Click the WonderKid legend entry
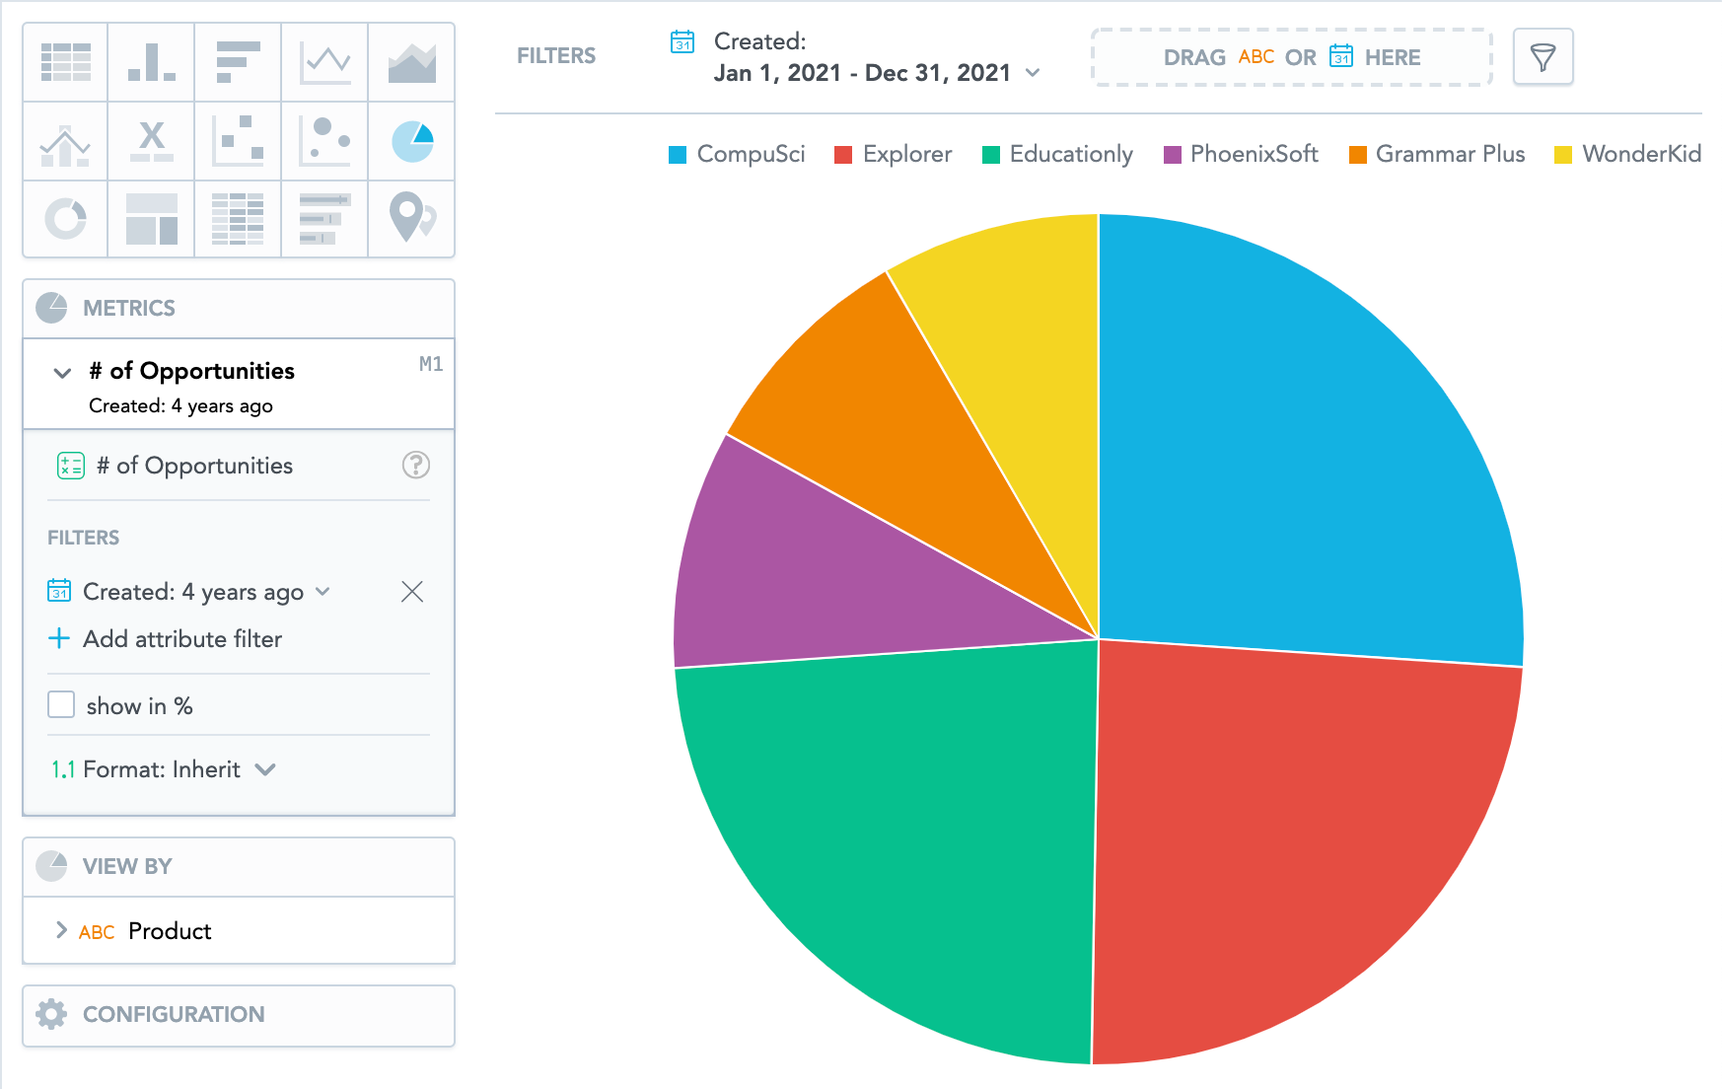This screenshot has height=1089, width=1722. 1627,155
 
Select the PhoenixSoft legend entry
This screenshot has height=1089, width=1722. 1242,155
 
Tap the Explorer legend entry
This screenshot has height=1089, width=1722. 894,155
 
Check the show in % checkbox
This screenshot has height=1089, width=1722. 61,704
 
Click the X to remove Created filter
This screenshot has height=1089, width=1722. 412,591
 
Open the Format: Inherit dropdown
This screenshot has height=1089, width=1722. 164,769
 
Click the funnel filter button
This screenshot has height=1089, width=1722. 1543,57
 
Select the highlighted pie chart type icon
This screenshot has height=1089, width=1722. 411,141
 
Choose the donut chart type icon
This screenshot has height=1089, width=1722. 65,218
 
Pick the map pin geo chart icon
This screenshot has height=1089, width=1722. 411,218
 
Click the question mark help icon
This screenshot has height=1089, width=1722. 416,466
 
